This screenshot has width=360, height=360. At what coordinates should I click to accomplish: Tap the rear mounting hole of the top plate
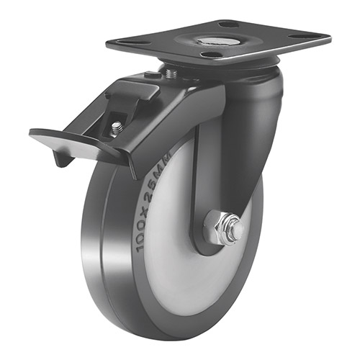(x=230, y=24)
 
